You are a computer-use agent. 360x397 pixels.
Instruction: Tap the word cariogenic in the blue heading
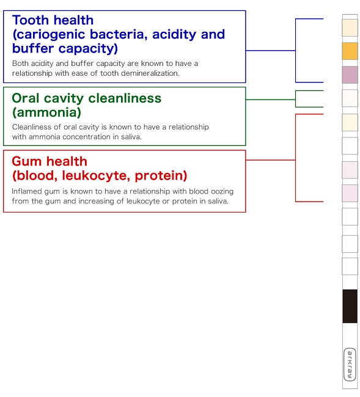pos(50,34)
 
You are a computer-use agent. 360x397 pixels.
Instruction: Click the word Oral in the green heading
pos(26,98)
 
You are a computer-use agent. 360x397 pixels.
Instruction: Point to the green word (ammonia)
pos(46,112)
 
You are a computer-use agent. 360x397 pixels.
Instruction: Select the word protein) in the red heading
pos(161,175)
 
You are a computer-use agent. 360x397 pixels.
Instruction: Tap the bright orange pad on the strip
pos(350,51)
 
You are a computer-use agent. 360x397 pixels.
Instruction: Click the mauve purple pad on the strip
pos(350,75)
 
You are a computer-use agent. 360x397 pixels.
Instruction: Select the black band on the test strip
pos(350,306)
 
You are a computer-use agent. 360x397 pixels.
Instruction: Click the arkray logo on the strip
pos(350,365)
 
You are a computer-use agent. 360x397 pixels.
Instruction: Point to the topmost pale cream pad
pos(350,27)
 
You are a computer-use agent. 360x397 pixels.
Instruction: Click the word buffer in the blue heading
pos(33,48)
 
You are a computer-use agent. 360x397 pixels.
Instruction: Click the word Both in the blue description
pos(20,64)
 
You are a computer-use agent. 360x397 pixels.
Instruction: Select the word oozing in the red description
pos(222,191)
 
